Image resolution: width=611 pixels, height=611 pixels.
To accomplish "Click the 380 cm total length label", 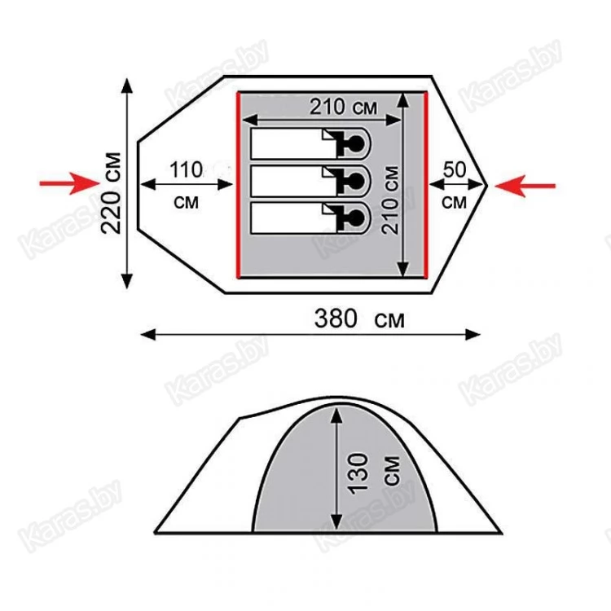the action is (359, 319).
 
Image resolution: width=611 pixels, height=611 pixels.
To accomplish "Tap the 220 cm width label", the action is (111, 193).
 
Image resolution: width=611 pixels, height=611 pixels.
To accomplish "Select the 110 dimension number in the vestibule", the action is (186, 170).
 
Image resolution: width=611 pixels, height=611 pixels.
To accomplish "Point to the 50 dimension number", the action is (455, 169).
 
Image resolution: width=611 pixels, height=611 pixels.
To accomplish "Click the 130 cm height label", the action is (374, 473).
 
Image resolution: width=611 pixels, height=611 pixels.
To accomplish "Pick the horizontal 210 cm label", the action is (343, 107).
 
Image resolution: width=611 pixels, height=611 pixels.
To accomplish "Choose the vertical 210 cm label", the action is (390, 200).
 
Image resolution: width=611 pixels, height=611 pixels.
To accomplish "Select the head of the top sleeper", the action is (355, 143).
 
